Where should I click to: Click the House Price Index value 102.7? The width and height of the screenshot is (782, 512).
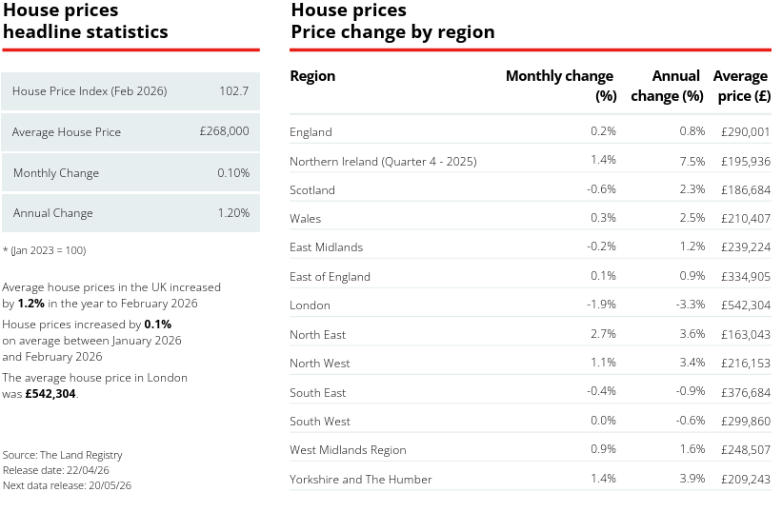click(x=233, y=91)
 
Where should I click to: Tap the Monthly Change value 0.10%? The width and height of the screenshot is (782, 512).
click(x=232, y=173)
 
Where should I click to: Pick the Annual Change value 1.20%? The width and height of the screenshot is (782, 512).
click(x=232, y=213)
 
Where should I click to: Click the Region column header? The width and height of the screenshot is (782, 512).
click(x=312, y=76)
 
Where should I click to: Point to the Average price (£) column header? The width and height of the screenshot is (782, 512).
click(x=741, y=86)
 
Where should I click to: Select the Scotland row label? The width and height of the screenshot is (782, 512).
click(x=312, y=190)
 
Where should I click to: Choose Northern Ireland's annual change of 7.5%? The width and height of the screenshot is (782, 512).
click(x=692, y=160)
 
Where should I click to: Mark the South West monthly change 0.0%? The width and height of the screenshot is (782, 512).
click(x=603, y=421)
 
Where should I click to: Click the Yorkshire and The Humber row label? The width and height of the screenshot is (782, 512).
click(x=360, y=480)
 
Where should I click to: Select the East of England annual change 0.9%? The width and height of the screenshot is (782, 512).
click(x=692, y=276)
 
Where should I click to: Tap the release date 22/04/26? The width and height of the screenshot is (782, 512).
click(x=90, y=470)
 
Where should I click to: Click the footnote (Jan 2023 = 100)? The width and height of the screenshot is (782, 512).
click(x=48, y=250)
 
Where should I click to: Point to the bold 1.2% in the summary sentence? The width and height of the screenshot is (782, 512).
click(x=31, y=304)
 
